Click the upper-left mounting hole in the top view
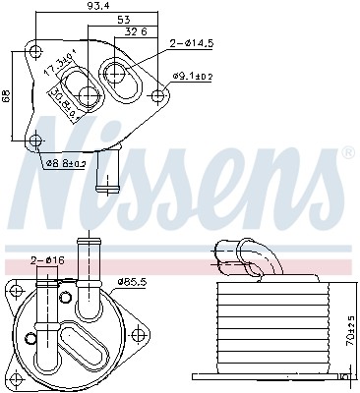36,52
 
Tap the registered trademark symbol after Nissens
347,154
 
